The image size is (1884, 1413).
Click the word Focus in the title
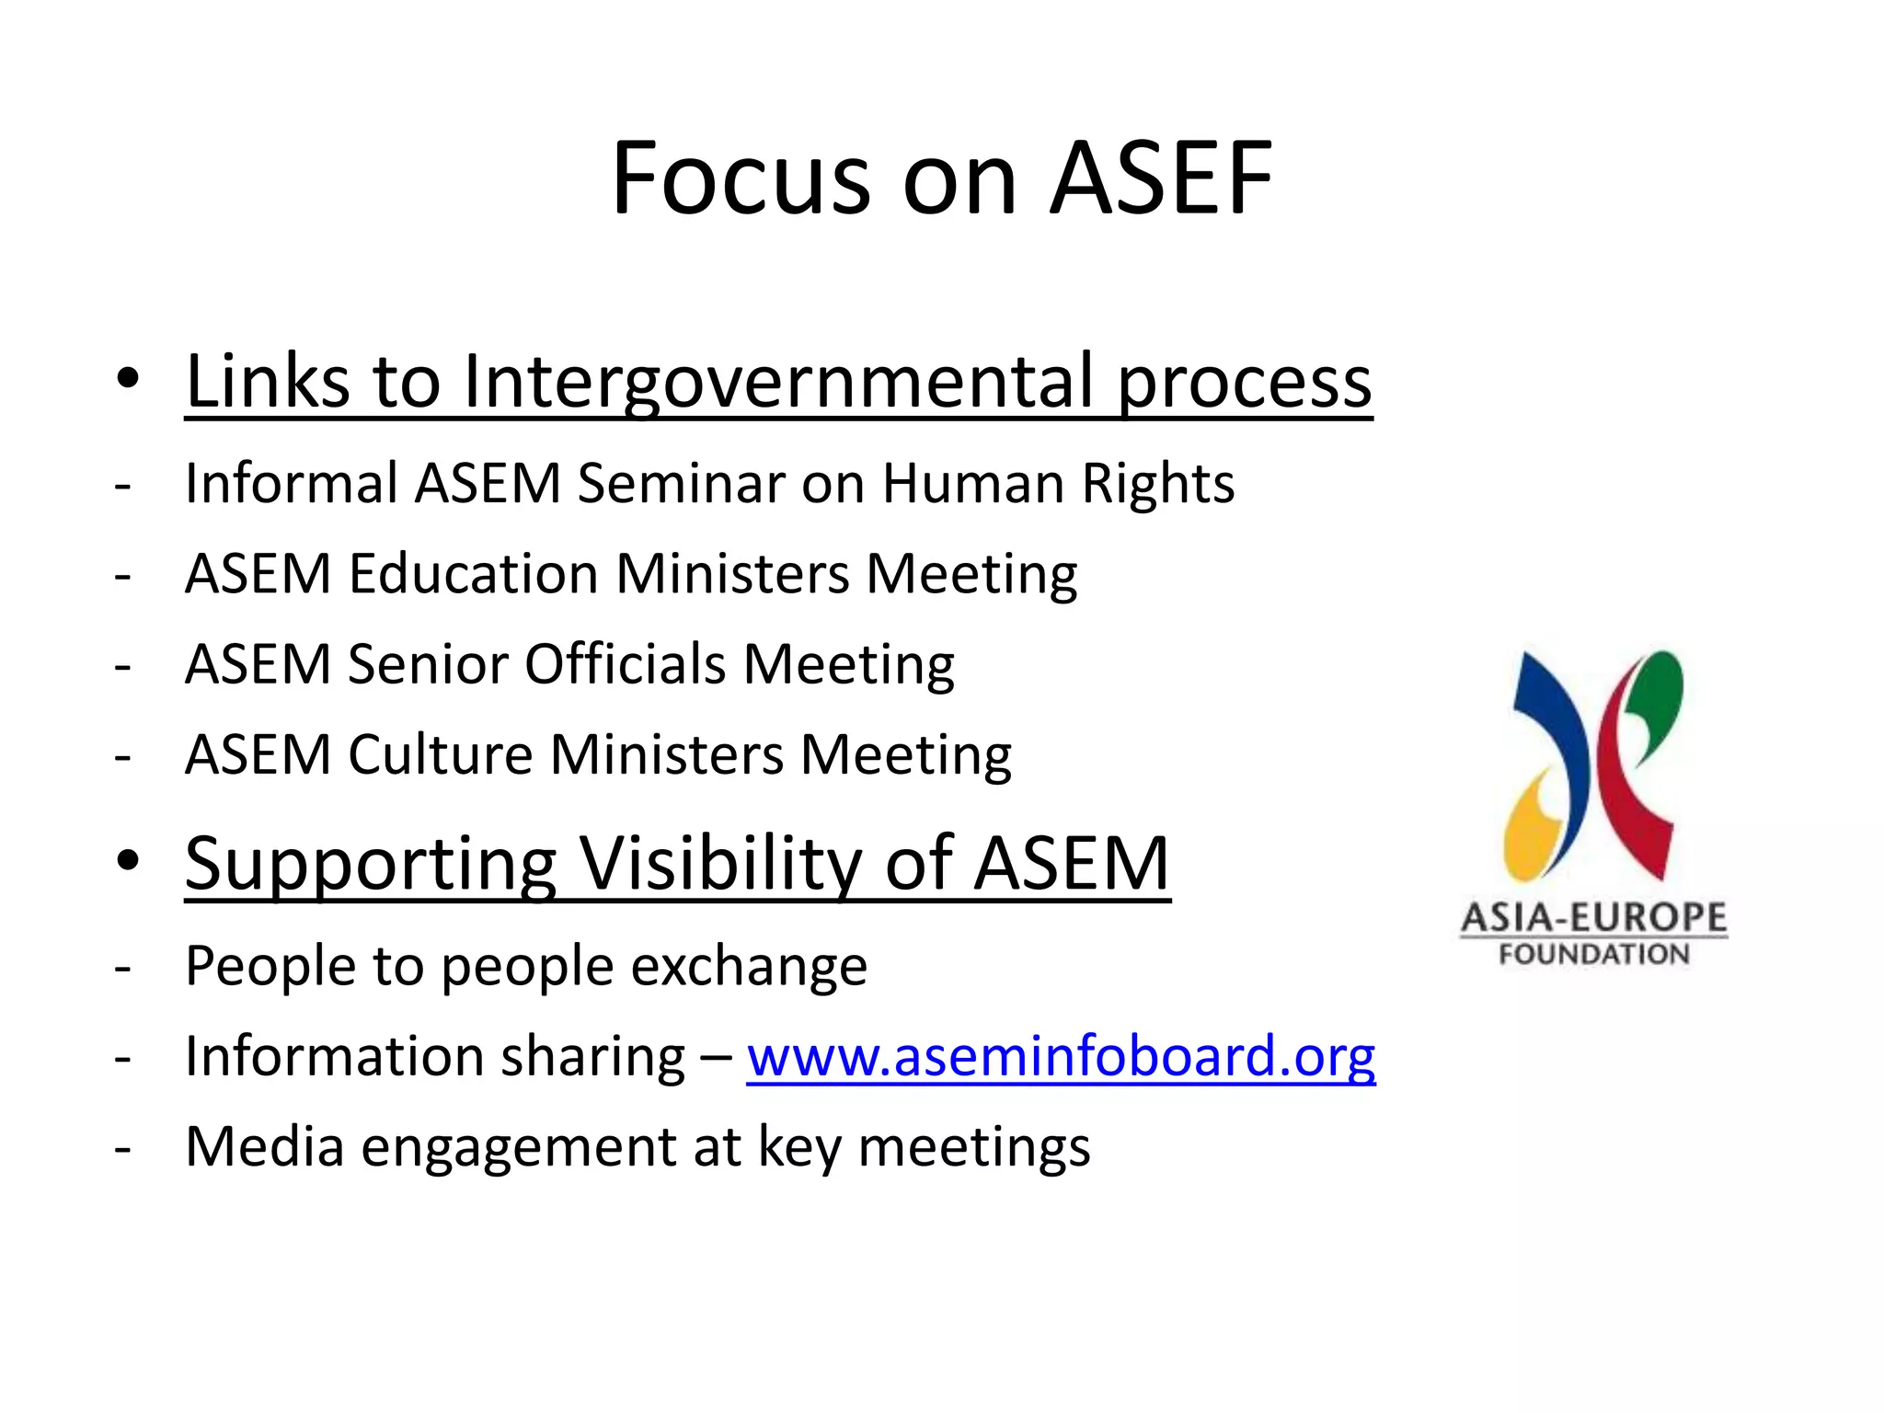pos(741,178)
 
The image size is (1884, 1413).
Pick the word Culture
pos(441,755)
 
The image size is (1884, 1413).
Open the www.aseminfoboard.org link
pos(1061,1056)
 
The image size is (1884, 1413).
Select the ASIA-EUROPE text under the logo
pos(1594,917)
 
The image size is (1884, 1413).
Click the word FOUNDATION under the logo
pos(1594,954)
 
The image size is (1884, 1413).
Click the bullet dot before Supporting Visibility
pos(128,862)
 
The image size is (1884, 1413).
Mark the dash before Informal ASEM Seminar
pos(123,485)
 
